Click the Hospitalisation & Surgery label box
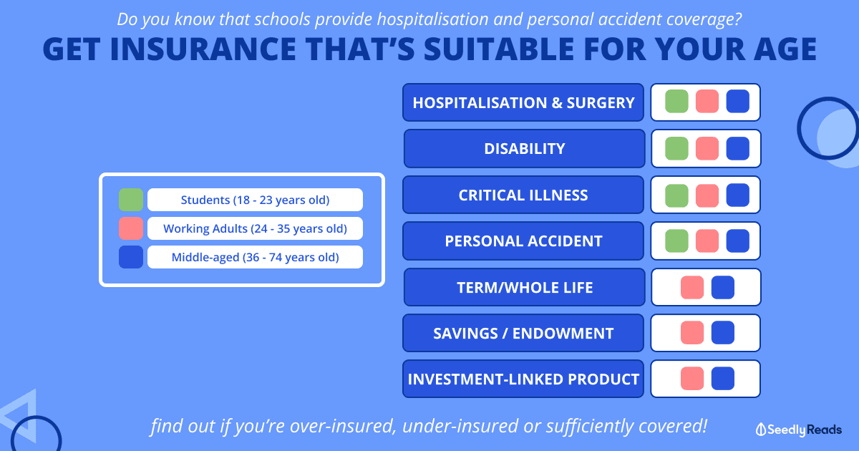point(523,102)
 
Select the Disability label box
point(524,148)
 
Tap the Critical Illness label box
point(523,195)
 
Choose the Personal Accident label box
point(523,241)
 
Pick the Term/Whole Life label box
point(524,287)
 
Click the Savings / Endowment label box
point(523,333)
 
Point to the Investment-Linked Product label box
point(523,379)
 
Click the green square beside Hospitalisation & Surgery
point(676,102)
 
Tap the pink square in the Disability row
point(707,148)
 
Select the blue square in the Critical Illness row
point(738,195)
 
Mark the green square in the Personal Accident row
point(676,241)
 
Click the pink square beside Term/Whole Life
point(692,287)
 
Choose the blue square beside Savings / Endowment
point(723,332)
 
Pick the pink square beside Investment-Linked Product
point(692,379)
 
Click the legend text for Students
point(255,200)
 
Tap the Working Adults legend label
point(255,228)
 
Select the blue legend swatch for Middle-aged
point(131,257)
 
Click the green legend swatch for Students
point(131,200)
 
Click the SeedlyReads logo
point(799,430)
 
